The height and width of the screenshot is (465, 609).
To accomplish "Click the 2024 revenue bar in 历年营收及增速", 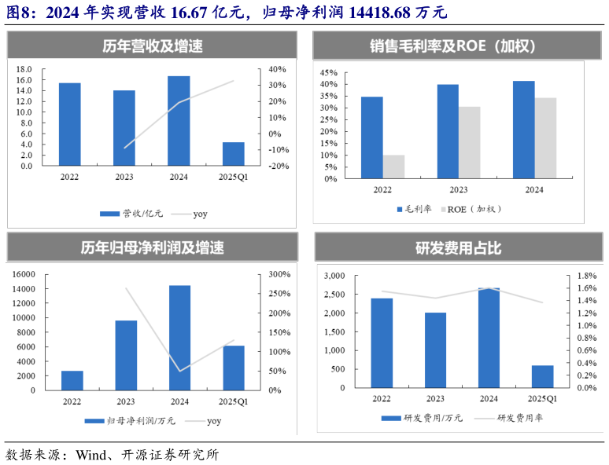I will pos(179,121).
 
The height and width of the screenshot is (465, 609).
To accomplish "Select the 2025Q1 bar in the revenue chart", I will pos(233,154).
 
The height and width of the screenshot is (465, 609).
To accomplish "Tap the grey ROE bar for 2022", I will pos(393,167).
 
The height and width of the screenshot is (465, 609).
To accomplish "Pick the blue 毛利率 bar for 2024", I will pos(523,130).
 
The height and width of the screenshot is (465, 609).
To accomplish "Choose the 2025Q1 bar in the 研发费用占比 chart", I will pos(542,376).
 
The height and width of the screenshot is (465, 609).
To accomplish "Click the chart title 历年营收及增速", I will pos(152,46).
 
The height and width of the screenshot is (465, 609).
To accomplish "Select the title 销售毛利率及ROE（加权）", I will pos(453,46).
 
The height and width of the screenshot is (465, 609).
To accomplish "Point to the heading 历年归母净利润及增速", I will pos(152,248).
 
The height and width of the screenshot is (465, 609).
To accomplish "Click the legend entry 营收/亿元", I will pos(127,214).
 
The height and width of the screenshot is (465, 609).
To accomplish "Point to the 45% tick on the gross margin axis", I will pos(328,71).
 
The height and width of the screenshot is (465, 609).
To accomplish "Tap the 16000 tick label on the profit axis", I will pos(23,274).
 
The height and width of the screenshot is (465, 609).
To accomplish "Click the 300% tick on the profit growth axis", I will pos(279,274).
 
